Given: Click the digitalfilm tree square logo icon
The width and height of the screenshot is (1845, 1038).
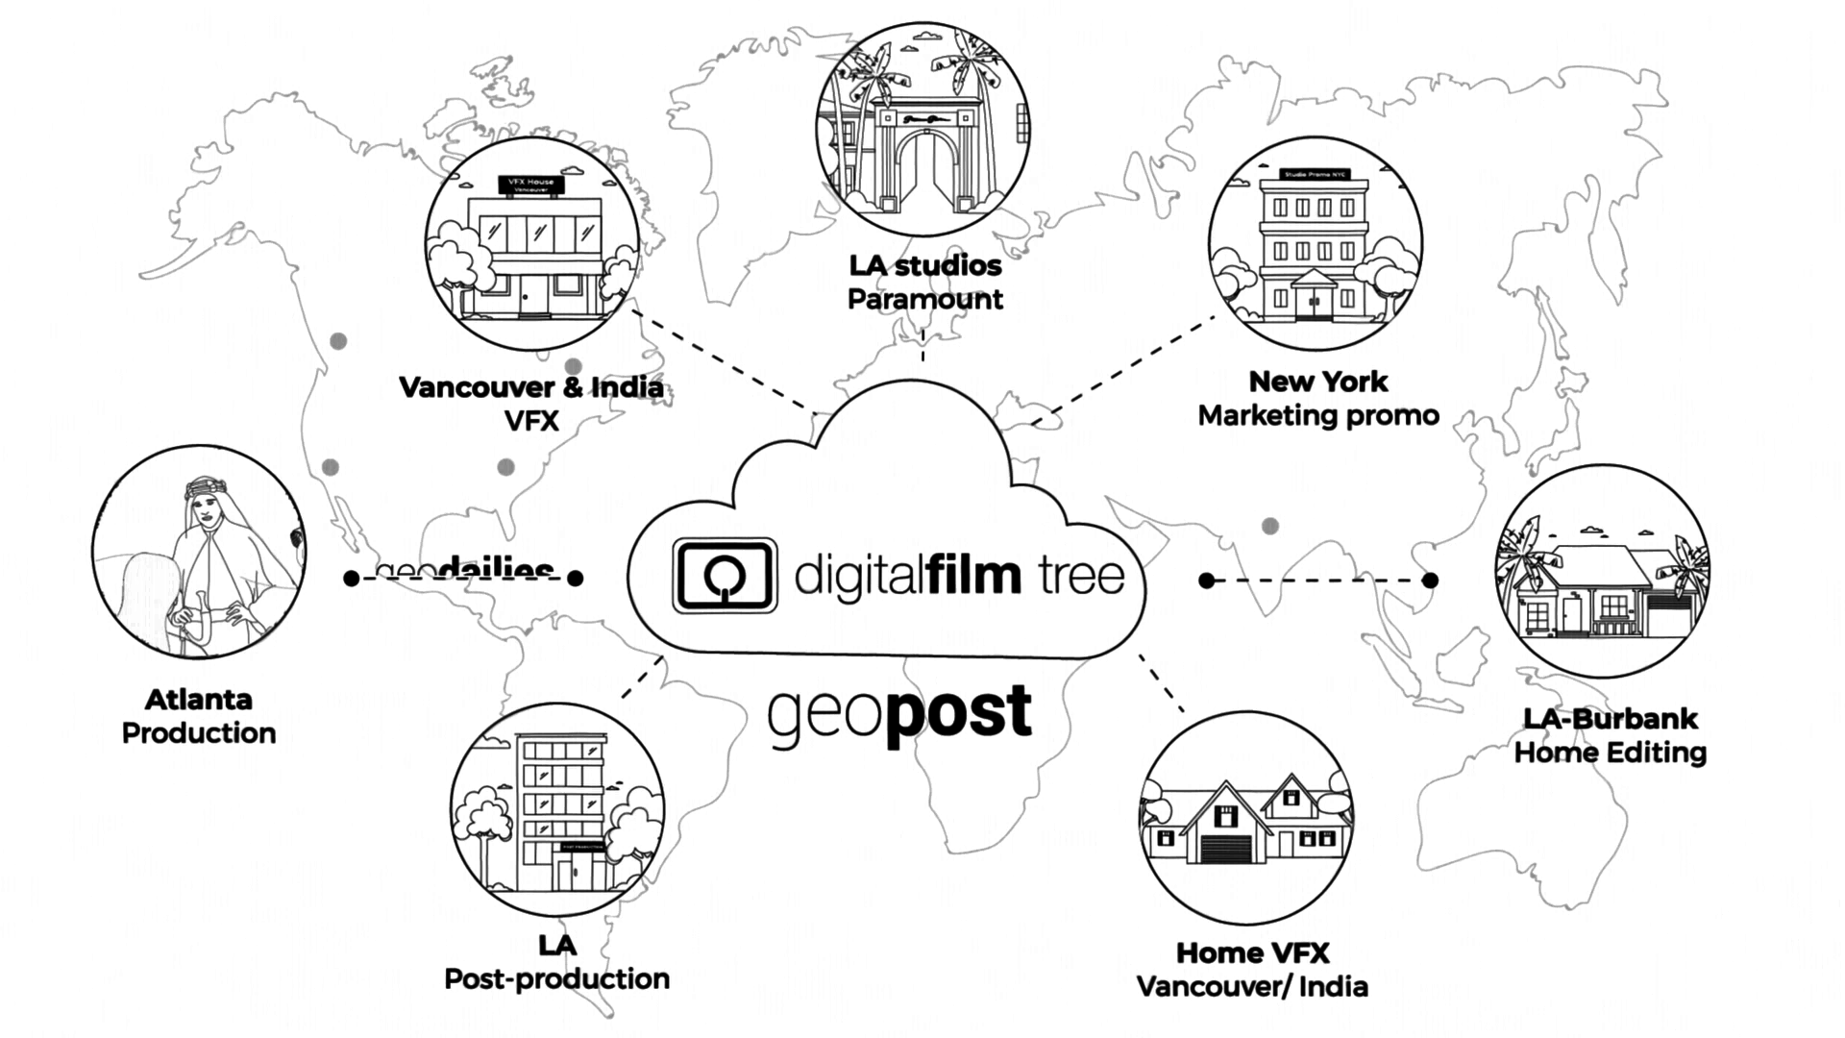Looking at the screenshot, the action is (x=725, y=576).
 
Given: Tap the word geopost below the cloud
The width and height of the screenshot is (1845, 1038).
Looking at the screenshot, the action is (x=899, y=713).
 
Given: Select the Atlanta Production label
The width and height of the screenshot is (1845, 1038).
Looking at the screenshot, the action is (x=199, y=716).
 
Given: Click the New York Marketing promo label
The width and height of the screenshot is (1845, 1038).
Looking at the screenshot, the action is (x=1318, y=399).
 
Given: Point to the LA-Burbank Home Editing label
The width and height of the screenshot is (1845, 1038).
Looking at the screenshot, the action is (x=1611, y=735).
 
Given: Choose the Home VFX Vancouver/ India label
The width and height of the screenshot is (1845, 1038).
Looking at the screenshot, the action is (x=1252, y=970).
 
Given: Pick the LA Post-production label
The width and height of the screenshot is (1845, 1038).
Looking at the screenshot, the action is (x=556, y=962).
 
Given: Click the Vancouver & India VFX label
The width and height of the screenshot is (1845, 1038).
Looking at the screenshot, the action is (x=531, y=404).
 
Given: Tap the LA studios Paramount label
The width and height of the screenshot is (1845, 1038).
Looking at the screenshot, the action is (x=924, y=283).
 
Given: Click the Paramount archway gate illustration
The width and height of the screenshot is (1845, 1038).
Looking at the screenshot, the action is (x=925, y=159).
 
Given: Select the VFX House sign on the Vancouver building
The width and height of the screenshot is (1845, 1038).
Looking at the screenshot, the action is (x=530, y=185).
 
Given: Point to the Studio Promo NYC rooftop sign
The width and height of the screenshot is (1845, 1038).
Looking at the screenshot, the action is (x=1315, y=174).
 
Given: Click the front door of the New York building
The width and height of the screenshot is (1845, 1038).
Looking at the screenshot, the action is (x=1314, y=304).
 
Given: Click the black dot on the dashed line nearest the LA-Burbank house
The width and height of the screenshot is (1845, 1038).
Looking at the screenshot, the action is (x=1430, y=580).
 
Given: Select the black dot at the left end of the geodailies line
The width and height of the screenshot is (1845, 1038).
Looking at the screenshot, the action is (x=352, y=578).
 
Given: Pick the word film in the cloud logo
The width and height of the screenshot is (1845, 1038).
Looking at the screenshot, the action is (x=974, y=575).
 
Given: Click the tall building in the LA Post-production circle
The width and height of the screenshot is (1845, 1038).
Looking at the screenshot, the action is (x=562, y=812).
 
